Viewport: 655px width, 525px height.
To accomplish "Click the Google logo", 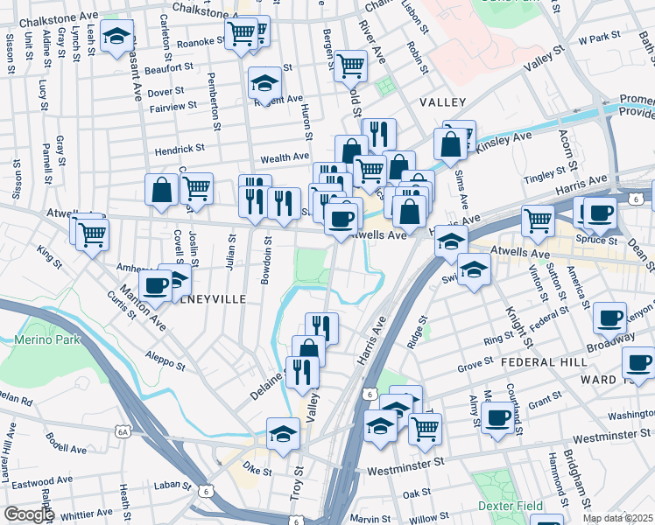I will coord(28,514).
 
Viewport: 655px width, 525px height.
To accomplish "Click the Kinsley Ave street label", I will coord(507,138).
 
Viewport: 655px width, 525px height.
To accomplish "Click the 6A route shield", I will coord(123,431).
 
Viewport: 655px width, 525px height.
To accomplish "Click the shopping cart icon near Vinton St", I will coord(538,221).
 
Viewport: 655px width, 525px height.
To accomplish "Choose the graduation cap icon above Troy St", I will coord(283,435).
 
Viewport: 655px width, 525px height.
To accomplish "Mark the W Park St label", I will coord(600,38).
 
